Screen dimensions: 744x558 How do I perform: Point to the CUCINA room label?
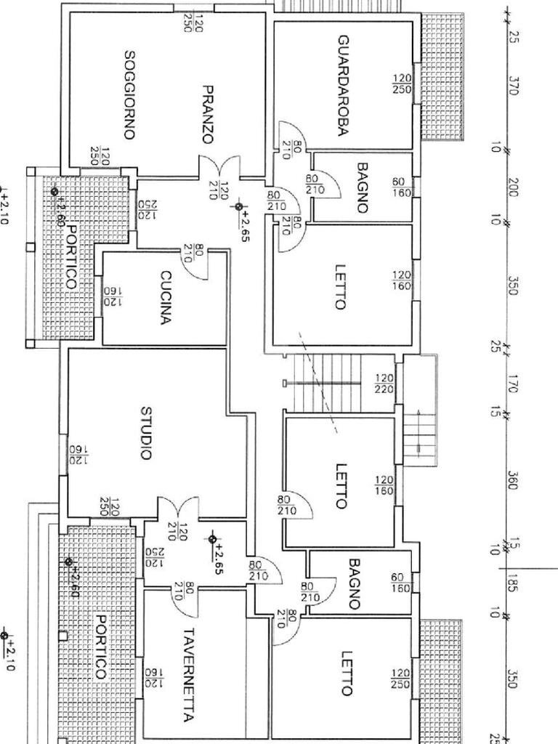click(166, 297)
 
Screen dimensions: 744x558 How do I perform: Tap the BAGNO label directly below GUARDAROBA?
click(362, 187)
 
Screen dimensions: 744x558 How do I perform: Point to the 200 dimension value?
click(513, 187)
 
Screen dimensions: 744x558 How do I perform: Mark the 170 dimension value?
click(513, 383)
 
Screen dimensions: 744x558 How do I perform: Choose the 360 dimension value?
click(513, 480)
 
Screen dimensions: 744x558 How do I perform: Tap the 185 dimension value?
click(513, 583)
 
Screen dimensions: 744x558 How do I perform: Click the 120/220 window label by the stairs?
click(384, 384)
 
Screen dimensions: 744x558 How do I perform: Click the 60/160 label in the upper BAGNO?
click(401, 187)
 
